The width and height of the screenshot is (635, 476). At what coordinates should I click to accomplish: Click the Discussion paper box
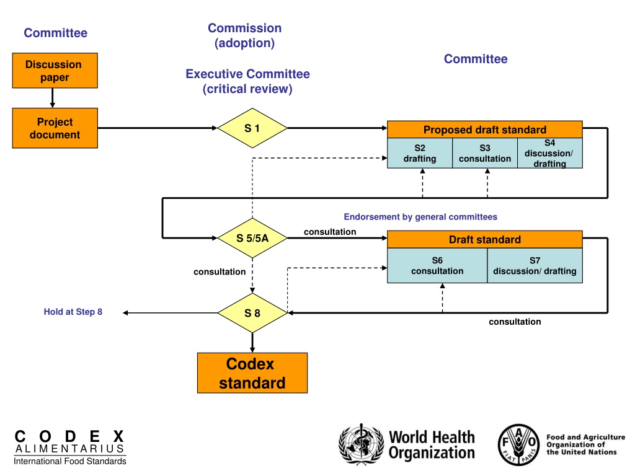(55, 71)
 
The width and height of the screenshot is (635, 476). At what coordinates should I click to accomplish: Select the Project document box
(55, 128)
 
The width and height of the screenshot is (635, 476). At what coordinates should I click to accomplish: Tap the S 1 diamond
(252, 128)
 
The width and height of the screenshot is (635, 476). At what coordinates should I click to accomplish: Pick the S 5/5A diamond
(252, 238)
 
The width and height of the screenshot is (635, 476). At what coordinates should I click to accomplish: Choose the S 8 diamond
(252, 313)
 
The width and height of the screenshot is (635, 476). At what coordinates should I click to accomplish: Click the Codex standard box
(252, 372)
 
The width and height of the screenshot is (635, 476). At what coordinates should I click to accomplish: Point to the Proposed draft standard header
(485, 130)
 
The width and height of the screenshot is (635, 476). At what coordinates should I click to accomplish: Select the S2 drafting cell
(420, 153)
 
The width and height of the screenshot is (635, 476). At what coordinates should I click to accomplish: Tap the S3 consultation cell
(485, 153)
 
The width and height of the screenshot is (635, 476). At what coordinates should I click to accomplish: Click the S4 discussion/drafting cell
(550, 153)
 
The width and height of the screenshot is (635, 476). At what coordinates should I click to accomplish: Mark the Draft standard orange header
(485, 239)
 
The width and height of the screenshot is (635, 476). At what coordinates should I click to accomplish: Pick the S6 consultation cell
(437, 265)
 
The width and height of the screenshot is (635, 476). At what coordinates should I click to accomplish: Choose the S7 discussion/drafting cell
(535, 265)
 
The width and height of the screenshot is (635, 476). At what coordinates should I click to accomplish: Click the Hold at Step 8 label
(73, 312)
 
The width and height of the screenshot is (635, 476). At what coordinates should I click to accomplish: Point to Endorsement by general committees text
(420, 217)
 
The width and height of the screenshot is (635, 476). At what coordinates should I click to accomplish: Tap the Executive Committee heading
(247, 74)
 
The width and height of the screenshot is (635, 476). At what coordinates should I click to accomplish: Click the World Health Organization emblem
(362, 444)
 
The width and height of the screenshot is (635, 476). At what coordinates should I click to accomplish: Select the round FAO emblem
(519, 444)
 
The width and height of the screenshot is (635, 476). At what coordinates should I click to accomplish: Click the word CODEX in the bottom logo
(69, 436)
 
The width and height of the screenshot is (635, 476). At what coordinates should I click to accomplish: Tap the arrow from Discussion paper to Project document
(52, 98)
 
